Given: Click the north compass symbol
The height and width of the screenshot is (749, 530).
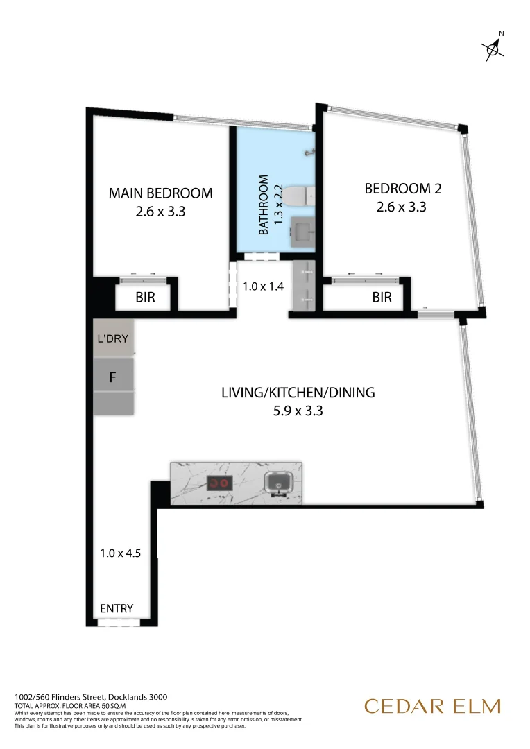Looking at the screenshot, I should click(494, 46).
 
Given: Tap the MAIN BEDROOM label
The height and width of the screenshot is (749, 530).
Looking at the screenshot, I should click(160, 193).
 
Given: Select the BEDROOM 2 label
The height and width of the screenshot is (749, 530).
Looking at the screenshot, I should click(403, 188).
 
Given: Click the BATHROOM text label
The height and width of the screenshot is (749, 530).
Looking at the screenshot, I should click(264, 205).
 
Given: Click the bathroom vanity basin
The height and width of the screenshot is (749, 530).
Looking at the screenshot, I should click(302, 228).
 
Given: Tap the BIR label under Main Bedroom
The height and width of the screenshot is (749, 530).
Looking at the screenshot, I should click(144, 298).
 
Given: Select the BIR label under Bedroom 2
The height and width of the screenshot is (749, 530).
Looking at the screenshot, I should click(382, 298).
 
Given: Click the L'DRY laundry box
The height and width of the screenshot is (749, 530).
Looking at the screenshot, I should click(112, 339).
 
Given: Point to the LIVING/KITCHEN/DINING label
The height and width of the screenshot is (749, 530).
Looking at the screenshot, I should click(298, 393).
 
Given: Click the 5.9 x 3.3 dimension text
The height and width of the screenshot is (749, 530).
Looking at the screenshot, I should click(298, 411).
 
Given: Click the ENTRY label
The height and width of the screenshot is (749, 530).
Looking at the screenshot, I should click(117, 609).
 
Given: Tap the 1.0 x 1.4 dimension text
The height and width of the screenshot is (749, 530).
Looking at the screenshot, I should click(263, 286).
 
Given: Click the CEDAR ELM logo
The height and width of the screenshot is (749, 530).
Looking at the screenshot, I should click(432, 707).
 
